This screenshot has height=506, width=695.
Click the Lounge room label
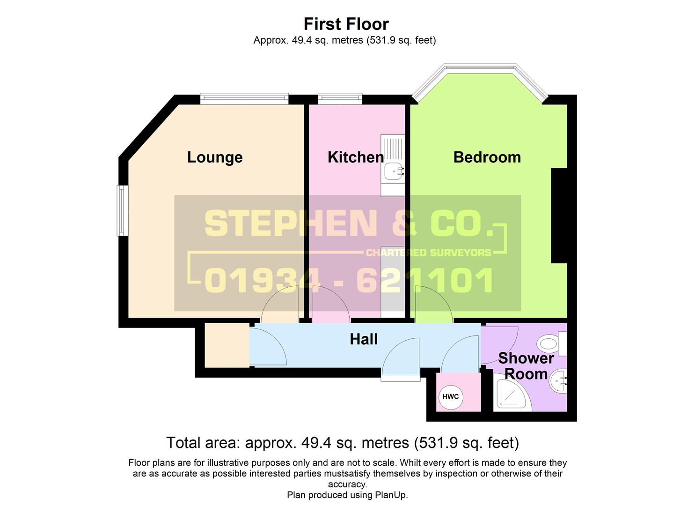point(215,157)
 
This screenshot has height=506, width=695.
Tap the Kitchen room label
point(356,157)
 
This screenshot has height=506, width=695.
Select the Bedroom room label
point(487,157)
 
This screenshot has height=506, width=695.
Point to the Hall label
point(364,339)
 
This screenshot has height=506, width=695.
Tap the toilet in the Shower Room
point(553,343)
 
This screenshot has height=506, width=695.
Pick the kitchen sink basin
point(394,171)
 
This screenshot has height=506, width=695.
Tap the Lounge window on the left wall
point(122,211)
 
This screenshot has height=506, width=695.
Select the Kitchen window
point(340,99)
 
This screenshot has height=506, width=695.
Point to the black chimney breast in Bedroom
point(559,216)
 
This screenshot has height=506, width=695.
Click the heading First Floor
point(346,24)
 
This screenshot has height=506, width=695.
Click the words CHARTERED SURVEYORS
point(429,253)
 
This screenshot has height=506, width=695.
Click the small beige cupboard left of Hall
point(227,345)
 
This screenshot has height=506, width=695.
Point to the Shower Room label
point(526,366)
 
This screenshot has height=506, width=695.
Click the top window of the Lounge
point(244,99)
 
